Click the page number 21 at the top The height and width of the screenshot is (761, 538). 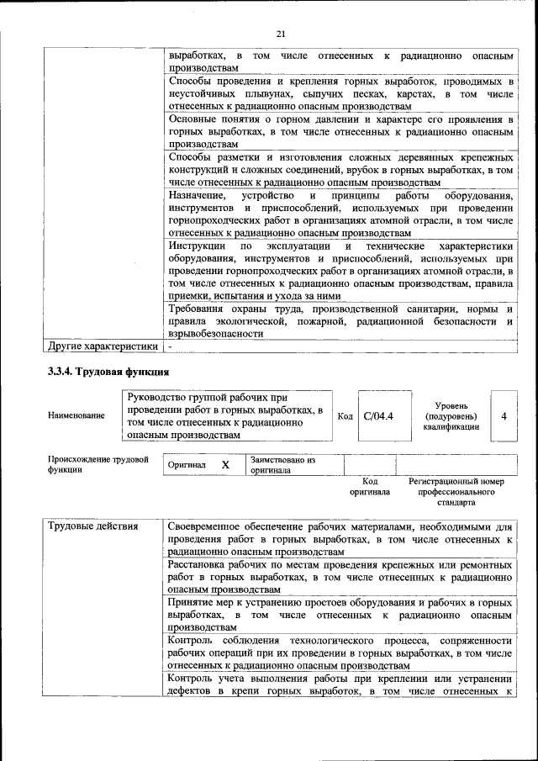pos(281,33)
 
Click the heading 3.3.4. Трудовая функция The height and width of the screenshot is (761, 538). pos(109,371)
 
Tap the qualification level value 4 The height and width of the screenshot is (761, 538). pos(504,415)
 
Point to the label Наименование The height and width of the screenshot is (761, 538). pos(76,415)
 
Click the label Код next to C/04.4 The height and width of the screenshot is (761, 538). pos(345,415)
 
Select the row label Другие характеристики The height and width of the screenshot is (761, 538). pos(103,346)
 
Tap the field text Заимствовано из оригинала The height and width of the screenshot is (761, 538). pos(282,465)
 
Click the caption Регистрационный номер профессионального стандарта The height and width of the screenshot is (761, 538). pos(456,491)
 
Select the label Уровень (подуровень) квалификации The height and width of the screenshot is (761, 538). pos(451,415)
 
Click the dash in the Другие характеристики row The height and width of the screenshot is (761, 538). pos(170,346)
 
